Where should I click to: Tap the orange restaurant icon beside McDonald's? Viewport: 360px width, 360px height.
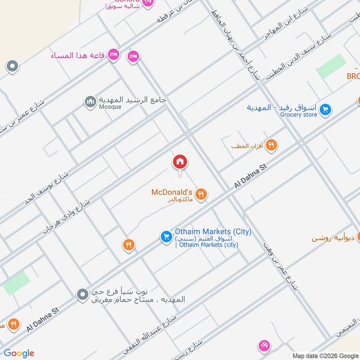[x=201, y=194]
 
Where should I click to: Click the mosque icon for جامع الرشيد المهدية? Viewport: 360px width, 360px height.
[x=90, y=102]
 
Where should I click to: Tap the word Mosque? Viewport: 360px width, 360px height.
[x=110, y=107]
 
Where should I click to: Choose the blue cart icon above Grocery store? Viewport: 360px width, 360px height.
[x=326, y=109]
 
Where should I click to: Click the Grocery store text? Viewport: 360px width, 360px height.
[x=298, y=115]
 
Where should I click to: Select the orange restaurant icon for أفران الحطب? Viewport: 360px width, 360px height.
[x=271, y=145]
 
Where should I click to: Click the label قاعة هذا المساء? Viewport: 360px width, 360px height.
[x=78, y=55]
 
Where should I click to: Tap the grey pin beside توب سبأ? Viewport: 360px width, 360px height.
[x=81, y=295]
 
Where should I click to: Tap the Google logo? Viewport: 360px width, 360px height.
[x=19, y=353]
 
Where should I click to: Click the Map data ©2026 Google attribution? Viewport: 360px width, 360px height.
[x=324, y=355]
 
